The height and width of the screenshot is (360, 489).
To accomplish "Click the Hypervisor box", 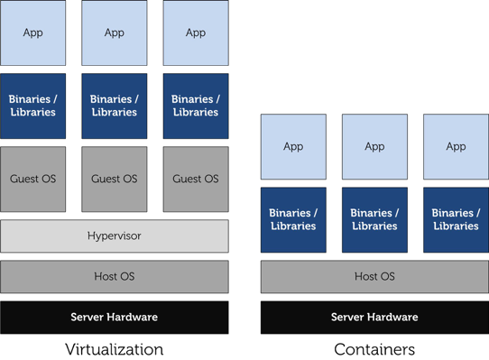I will tap(114, 236).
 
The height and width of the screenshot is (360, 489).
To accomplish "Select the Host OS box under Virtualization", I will tap(114, 276).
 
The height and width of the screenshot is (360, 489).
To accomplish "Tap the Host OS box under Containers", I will tap(374, 276).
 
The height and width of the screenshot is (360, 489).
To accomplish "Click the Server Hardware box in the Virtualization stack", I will tap(114, 318).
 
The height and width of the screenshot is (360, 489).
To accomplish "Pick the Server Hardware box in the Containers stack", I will tap(374, 318).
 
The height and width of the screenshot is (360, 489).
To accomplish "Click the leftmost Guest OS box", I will tap(32, 180).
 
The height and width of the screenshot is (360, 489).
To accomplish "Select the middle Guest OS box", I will tap(114, 180).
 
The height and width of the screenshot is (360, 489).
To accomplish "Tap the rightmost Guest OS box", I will tap(196, 180).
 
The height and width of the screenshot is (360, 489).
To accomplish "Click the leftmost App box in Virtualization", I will tap(32, 32).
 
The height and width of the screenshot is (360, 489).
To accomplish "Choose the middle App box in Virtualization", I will tap(114, 32).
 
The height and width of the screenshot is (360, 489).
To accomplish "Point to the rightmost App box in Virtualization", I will tap(196, 32).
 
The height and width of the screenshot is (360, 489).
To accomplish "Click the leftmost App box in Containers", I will tap(293, 146).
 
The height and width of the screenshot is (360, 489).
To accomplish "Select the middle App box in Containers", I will tap(374, 146).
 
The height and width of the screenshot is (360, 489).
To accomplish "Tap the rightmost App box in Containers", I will tap(456, 146).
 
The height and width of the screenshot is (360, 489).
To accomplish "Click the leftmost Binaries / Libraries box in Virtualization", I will tap(32, 106).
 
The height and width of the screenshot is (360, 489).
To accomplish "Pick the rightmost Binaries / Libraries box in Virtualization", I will tap(196, 106).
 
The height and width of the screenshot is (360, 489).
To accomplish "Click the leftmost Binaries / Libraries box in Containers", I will tap(293, 219).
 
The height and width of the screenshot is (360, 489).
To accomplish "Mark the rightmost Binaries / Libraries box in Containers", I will tap(456, 219).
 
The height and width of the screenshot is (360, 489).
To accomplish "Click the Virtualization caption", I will tap(114, 349).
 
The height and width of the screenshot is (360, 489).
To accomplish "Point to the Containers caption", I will tap(374, 349).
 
